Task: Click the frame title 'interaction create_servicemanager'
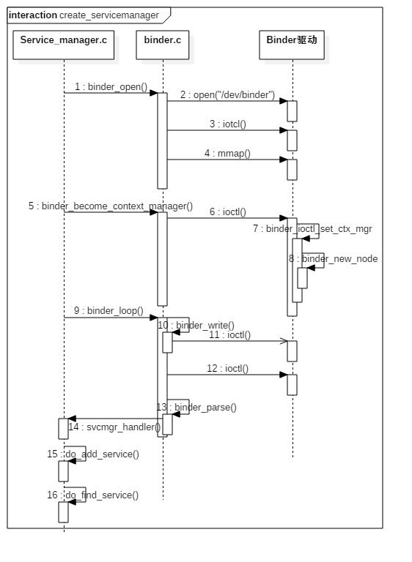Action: (x=84, y=15)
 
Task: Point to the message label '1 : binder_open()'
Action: (x=111, y=87)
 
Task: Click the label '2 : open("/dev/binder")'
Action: (x=227, y=95)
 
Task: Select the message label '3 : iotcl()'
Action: (x=227, y=124)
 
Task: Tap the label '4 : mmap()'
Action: (x=227, y=154)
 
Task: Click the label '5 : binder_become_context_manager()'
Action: (x=111, y=206)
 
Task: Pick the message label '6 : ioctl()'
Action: (x=227, y=212)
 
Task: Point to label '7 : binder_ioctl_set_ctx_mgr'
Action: (x=312, y=229)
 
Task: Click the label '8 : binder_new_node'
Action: (x=333, y=259)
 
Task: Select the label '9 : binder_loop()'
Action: (x=110, y=311)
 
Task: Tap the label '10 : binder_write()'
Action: (x=196, y=326)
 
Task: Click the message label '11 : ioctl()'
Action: (x=229, y=335)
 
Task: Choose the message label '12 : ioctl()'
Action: (x=227, y=369)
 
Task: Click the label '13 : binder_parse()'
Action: (x=196, y=408)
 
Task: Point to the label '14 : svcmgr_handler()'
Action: (x=114, y=427)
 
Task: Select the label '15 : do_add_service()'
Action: (x=93, y=454)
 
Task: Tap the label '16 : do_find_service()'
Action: (x=93, y=495)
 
